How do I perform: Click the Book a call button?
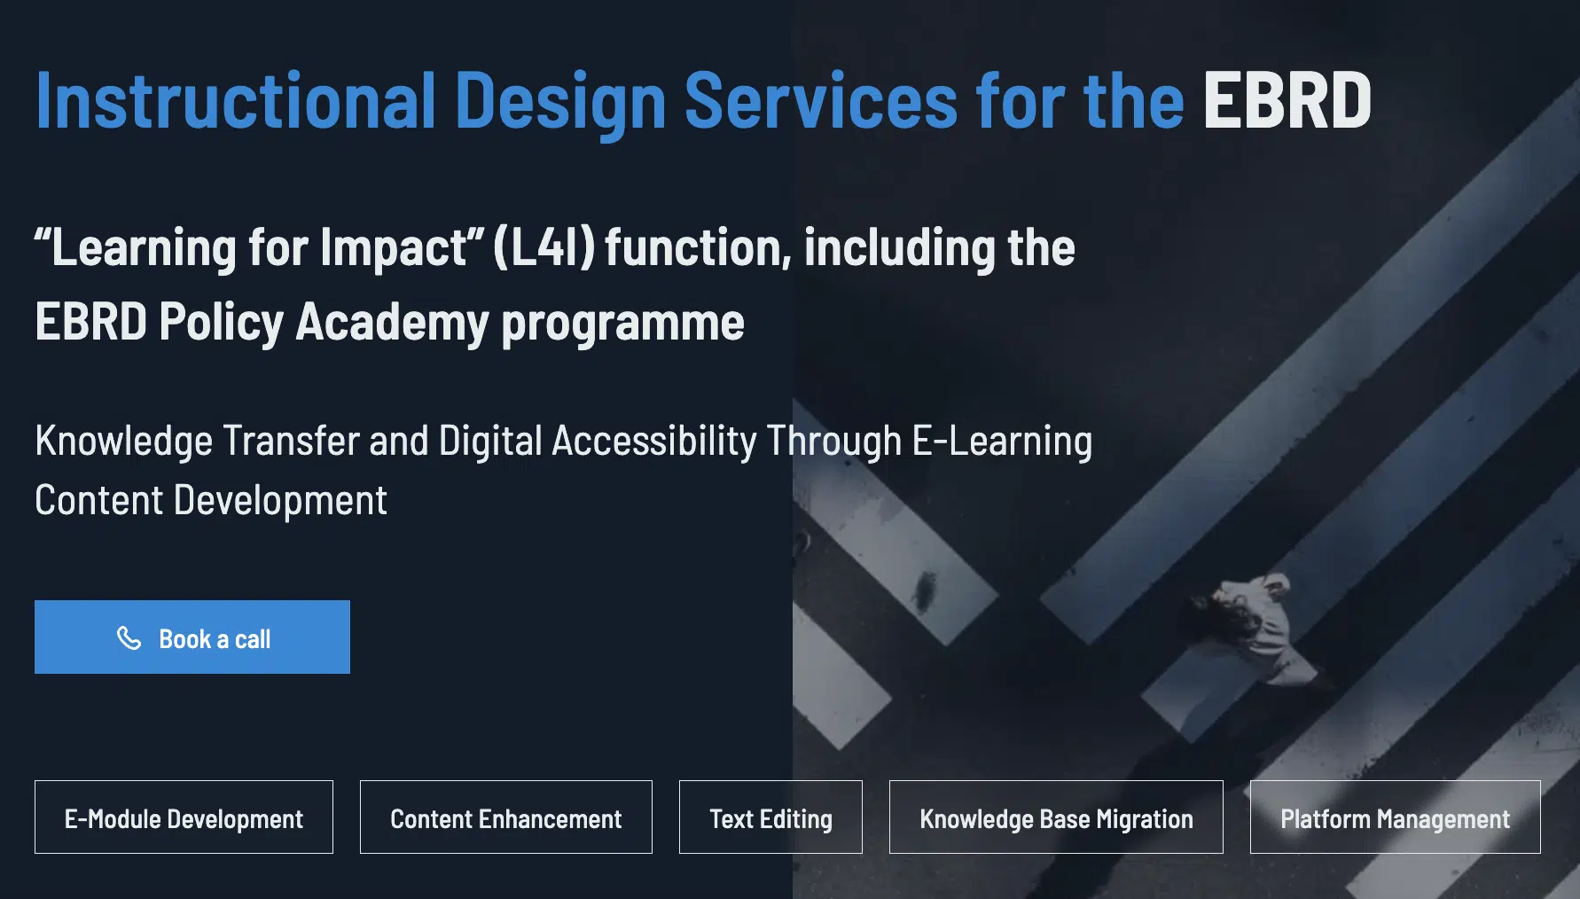click(192, 637)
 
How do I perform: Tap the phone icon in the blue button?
click(129, 637)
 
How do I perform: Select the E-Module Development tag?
click(184, 817)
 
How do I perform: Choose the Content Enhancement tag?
click(506, 817)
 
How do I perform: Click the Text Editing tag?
click(770, 817)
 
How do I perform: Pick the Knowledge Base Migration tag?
click(1056, 817)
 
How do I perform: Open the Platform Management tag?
click(1396, 817)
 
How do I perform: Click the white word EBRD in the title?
click(1287, 100)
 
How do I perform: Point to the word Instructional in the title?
click(236, 100)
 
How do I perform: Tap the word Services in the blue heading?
click(821, 100)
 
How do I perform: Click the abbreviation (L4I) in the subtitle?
click(544, 246)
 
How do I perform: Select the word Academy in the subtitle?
click(392, 321)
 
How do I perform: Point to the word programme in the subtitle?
click(622, 323)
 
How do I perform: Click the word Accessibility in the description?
click(654, 441)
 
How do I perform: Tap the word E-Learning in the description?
click(1002, 441)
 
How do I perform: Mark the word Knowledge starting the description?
click(124, 441)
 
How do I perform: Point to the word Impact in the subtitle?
click(394, 247)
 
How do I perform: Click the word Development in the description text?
click(280, 501)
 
